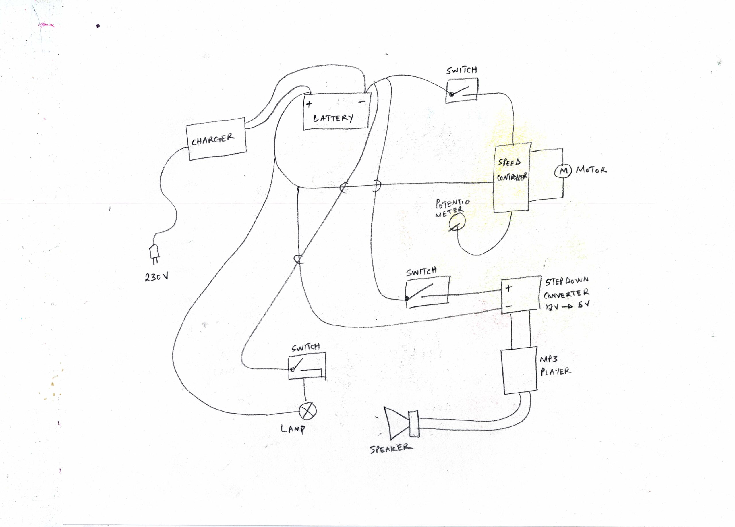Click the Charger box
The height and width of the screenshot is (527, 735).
pos(216,139)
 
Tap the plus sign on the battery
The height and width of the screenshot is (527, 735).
pos(309,104)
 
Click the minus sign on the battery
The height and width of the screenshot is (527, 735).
pos(362,102)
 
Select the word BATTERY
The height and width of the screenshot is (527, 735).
pos(333,118)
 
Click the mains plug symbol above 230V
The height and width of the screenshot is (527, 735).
pos(154,252)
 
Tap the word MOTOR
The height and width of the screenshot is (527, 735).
pos(591,170)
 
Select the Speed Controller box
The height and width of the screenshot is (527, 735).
pos(511,177)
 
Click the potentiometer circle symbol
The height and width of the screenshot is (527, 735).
pos(457,223)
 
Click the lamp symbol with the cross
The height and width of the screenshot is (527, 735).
pos(307,411)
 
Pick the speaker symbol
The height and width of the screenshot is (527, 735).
pos(401,423)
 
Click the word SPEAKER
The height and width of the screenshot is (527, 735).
pos(391,449)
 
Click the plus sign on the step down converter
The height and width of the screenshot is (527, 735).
pos(508,288)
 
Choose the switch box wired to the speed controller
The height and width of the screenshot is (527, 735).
pos(461,91)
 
